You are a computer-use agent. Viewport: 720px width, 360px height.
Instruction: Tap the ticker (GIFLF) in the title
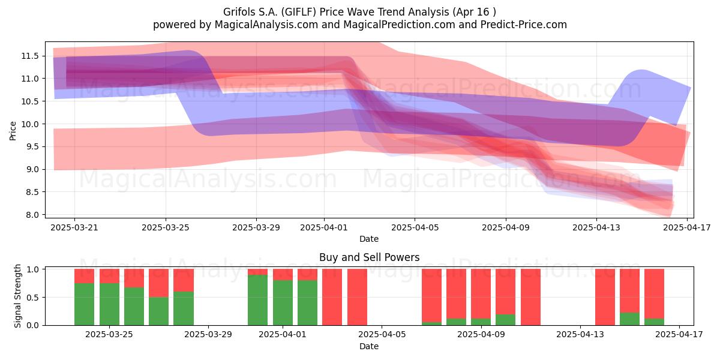tap(299, 12)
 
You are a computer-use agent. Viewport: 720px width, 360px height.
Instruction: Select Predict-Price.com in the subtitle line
tap(524, 25)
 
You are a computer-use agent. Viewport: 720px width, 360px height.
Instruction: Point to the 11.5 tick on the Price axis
tap(30, 56)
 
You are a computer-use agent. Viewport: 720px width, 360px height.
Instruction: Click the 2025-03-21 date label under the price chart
tap(74, 227)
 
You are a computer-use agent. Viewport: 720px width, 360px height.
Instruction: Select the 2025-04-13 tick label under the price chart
tap(596, 227)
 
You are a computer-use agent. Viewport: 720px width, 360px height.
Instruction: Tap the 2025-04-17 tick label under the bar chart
tap(679, 335)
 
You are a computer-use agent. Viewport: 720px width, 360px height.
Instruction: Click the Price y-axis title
tap(13, 131)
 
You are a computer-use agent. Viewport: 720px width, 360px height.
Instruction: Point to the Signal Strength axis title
tap(17, 296)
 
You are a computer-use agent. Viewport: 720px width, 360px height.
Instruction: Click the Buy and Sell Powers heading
tap(370, 257)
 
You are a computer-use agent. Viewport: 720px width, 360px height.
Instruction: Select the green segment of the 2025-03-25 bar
tap(109, 304)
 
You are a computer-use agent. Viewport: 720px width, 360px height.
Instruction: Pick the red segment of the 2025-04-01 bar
tap(283, 275)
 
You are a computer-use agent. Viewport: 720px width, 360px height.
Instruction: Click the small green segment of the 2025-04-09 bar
tap(481, 322)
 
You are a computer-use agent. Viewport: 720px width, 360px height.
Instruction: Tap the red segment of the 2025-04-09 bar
tap(481, 294)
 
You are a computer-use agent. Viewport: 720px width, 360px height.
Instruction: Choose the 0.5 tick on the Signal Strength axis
tap(32, 298)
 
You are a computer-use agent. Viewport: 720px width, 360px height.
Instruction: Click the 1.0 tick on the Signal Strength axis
tap(32, 269)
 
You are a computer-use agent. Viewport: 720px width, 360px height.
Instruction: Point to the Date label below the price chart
tap(369, 239)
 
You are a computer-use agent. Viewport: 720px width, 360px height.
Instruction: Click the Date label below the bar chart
tap(369, 346)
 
